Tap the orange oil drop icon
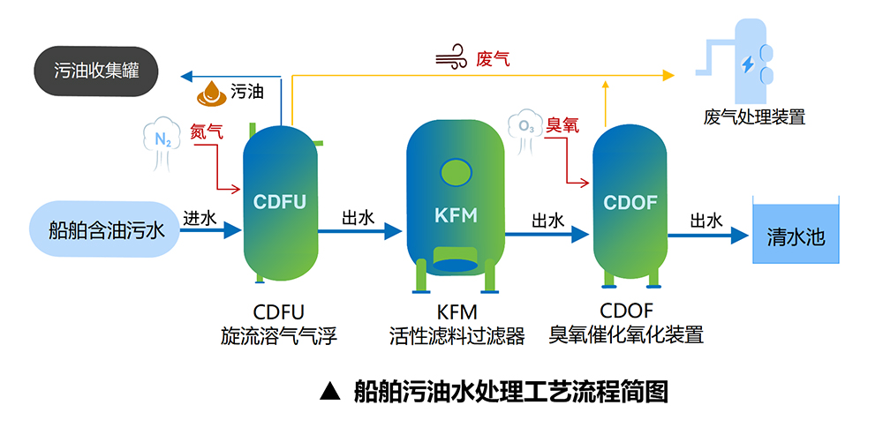(212, 91)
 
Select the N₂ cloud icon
(162, 140)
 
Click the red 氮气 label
(207, 131)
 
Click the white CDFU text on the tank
(279, 202)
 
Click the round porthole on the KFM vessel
(456, 170)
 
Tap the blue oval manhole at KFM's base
(456, 264)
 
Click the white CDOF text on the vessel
(630, 203)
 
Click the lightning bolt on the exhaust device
(748, 64)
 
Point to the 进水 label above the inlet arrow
(199, 217)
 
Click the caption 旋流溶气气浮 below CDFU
(279, 336)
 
